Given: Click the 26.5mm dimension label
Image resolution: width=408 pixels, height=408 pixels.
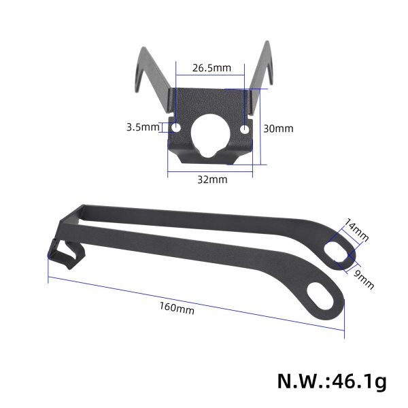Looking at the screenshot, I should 212,68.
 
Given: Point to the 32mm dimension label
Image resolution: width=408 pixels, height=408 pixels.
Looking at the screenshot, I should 212,180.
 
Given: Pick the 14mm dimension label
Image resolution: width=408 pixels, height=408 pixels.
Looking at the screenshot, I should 356,230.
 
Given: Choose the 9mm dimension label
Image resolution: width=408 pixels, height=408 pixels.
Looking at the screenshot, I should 364,279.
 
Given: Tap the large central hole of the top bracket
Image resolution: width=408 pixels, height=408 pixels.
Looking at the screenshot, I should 211,133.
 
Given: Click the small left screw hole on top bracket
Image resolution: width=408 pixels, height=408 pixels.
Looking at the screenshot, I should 177,128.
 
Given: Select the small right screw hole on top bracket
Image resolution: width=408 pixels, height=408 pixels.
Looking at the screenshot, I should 246,128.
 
